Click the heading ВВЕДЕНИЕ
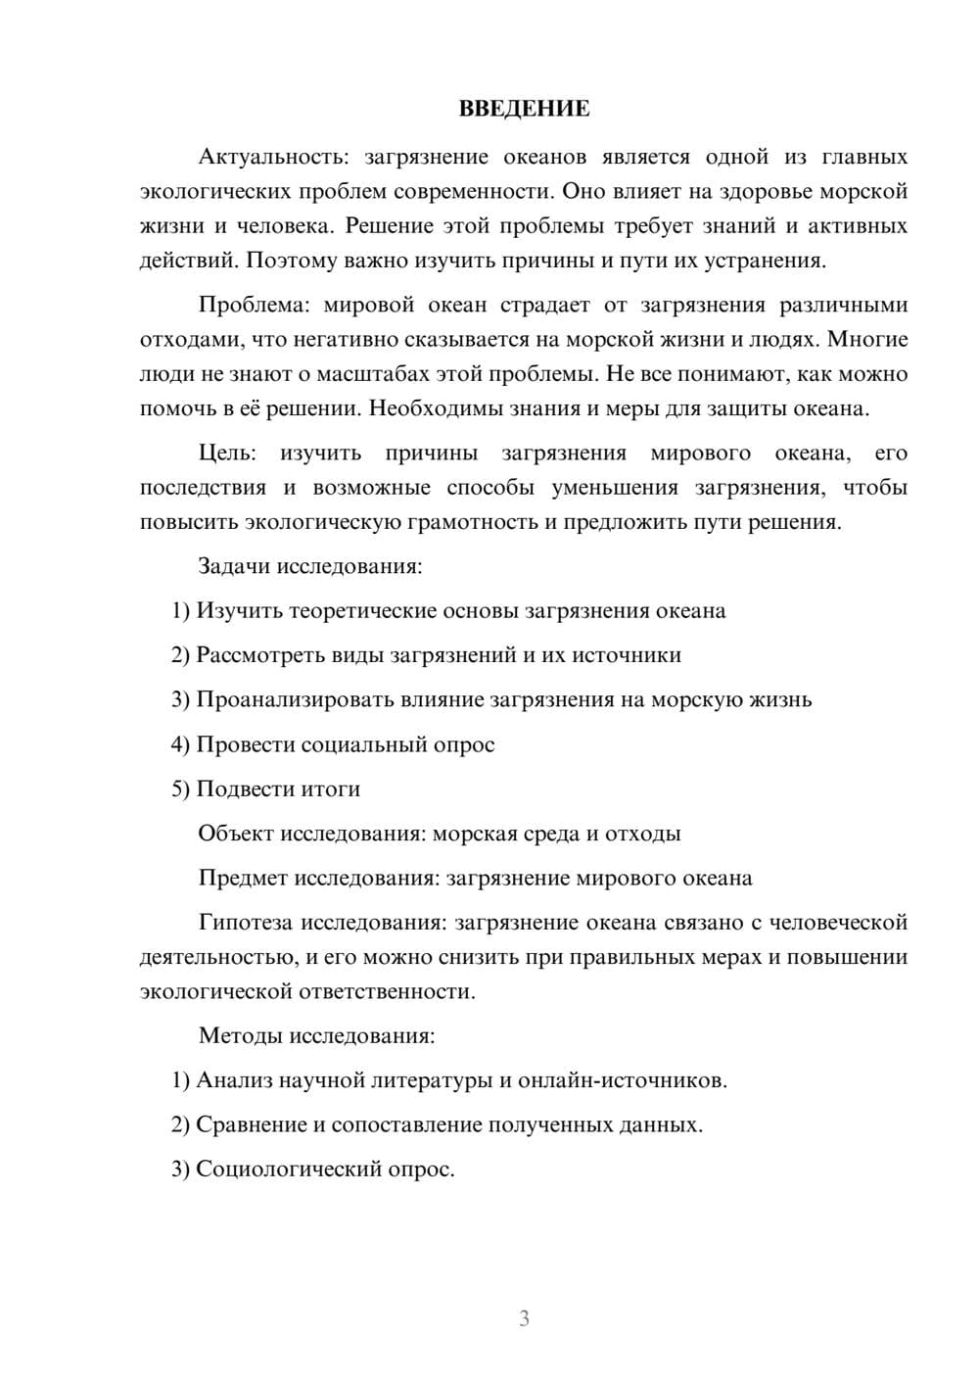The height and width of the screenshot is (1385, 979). click(x=524, y=109)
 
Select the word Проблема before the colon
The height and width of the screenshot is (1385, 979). click(x=251, y=305)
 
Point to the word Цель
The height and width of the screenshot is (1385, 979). click(x=225, y=453)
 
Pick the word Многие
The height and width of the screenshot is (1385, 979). click(x=868, y=339)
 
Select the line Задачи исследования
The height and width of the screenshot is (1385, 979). click(x=309, y=566)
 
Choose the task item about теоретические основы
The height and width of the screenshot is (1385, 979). click(x=448, y=611)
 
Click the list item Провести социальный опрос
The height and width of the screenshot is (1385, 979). click(x=333, y=744)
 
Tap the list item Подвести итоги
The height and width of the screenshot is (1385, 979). click(x=266, y=788)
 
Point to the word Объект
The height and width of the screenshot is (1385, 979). click(x=235, y=834)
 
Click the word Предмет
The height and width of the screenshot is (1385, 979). click(x=243, y=878)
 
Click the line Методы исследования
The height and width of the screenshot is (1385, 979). click(x=316, y=1035)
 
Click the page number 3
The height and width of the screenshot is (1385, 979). click(x=524, y=1318)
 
